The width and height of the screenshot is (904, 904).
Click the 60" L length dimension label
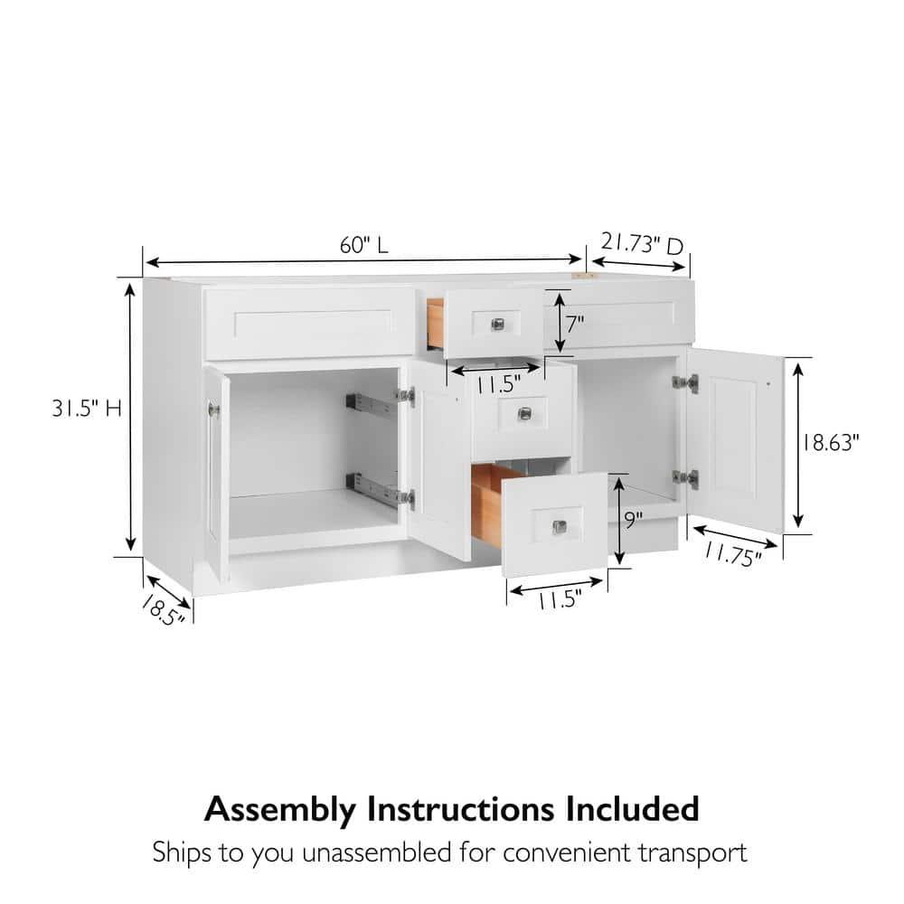[x=363, y=246]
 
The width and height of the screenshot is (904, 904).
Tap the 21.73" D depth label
[x=642, y=244]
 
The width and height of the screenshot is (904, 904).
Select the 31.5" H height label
[x=87, y=409]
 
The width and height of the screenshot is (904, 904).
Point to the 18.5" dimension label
[x=162, y=611]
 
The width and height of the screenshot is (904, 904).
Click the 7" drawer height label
[x=575, y=324]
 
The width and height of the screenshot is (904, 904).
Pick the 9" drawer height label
[x=634, y=521]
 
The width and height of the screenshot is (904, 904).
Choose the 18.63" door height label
[x=828, y=443]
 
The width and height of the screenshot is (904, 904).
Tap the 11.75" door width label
[x=733, y=555]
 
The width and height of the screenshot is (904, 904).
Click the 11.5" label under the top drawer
[x=497, y=384]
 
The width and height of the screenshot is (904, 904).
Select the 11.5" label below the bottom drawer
[x=560, y=600]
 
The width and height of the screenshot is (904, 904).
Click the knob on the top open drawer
[x=497, y=324]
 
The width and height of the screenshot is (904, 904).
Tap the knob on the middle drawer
[x=524, y=414]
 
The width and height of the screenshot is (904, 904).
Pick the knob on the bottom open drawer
[x=559, y=527]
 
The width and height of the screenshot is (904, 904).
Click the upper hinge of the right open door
[x=685, y=382]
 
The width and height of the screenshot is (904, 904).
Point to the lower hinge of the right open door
[x=685, y=478]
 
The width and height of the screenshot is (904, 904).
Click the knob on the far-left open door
[x=214, y=410]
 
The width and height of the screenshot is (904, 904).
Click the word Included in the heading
[x=632, y=808]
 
